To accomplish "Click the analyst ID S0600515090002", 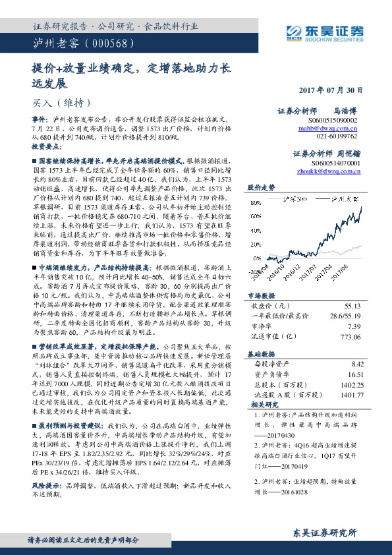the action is [333, 121].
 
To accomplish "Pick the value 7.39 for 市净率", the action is [355, 326].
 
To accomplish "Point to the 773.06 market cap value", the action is [351, 336].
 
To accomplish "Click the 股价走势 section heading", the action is [262, 187].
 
